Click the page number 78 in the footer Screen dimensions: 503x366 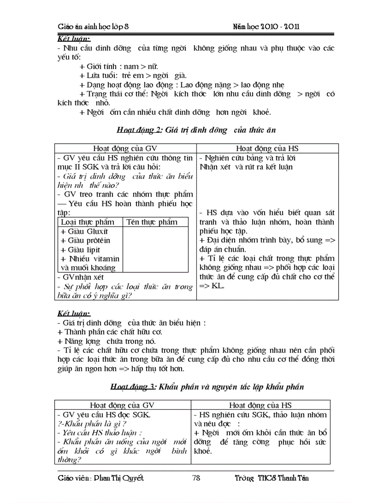point(196,478)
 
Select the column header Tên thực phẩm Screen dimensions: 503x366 point(152,222)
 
